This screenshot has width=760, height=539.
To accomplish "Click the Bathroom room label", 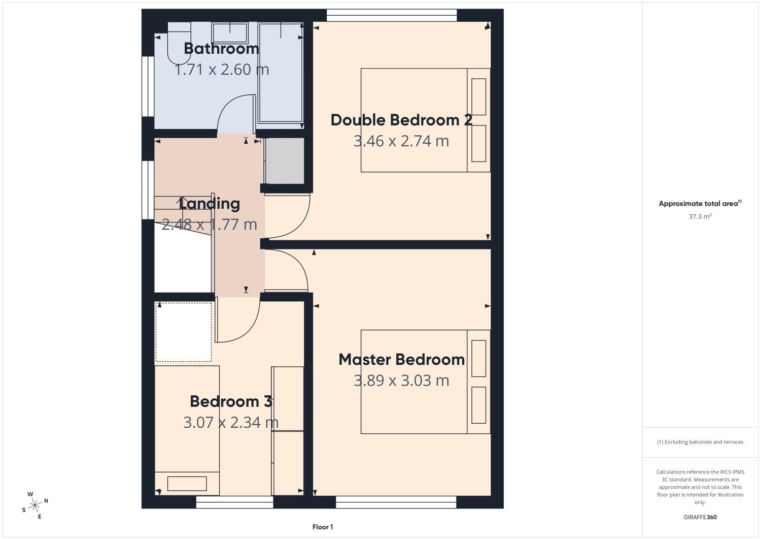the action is [x=222, y=49].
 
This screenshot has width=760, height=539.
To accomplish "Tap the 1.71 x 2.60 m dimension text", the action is [x=222, y=70].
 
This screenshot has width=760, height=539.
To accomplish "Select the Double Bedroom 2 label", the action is [x=401, y=120].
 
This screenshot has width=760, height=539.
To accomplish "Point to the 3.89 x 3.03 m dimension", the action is [x=401, y=381].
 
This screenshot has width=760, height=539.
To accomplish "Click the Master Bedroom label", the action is [x=402, y=359].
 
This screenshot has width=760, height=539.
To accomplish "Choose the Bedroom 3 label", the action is [x=231, y=401].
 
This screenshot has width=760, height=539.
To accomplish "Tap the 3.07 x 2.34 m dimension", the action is [x=231, y=423].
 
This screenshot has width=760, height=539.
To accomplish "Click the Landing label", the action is [x=210, y=203].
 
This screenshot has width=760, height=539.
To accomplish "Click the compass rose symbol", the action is [x=35, y=505].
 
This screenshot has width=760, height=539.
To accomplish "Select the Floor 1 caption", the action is [x=323, y=527].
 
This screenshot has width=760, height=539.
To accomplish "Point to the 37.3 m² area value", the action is [x=700, y=216].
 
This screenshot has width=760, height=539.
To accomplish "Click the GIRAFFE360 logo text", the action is [x=700, y=517].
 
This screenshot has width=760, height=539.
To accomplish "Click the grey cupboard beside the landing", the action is [x=285, y=161].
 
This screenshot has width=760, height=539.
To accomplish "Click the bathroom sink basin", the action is [x=230, y=33].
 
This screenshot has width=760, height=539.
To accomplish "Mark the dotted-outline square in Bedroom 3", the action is [x=184, y=332].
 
